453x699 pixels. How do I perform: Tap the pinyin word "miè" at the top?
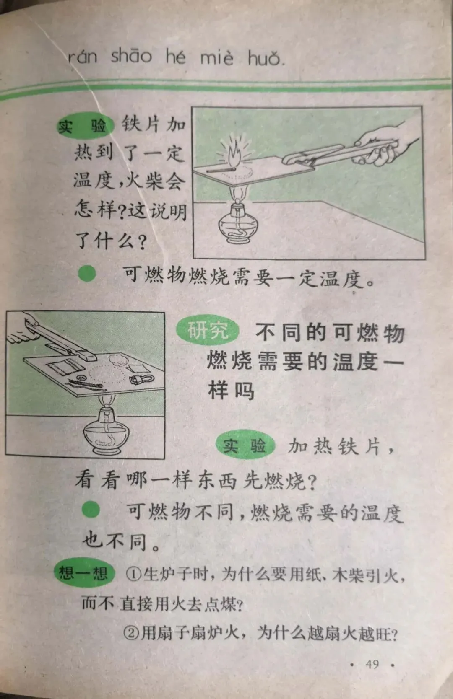pyautogui.click(x=216, y=57)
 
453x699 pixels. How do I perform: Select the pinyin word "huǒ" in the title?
pyautogui.click(x=266, y=58)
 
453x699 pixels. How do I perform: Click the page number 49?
pyautogui.click(x=372, y=664)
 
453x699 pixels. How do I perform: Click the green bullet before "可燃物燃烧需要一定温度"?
pyautogui.click(x=87, y=274)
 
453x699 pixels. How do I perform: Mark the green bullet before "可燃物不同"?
pyautogui.click(x=91, y=510)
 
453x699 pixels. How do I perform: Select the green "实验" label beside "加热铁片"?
pyautogui.click(x=245, y=445)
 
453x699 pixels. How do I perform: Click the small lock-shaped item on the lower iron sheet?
pyautogui.click(x=141, y=379)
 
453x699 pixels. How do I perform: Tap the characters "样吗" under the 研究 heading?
pyautogui.click(x=231, y=391)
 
